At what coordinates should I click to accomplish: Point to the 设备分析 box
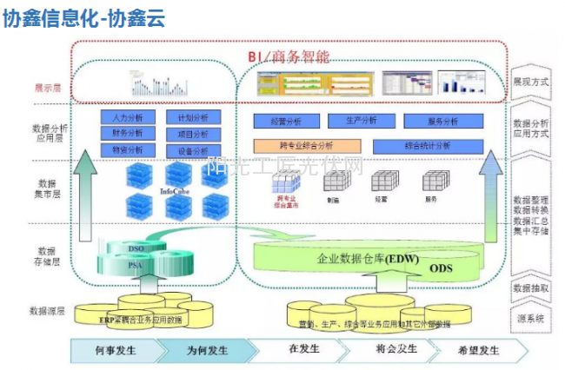click(193, 150)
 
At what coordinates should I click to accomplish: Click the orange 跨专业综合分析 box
click(308, 146)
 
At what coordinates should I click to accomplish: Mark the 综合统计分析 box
click(427, 146)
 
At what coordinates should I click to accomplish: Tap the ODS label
click(442, 270)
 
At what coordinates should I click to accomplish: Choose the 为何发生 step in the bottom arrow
click(206, 350)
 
